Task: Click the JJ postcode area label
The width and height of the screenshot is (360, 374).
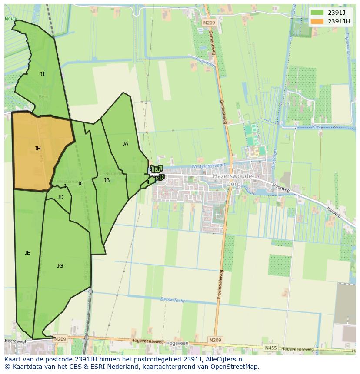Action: click(42, 74)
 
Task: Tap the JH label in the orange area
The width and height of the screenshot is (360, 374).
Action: click(38, 149)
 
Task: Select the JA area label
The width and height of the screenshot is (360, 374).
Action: click(125, 144)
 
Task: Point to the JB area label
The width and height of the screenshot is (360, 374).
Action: click(107, 180)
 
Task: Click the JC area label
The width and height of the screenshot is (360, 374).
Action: click(80, 184)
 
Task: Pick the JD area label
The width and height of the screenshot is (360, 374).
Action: click(60, 197)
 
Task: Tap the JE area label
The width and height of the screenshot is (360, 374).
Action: click(27, 253)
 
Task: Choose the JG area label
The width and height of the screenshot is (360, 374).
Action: click(60, 266)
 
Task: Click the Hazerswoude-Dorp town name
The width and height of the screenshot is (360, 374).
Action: click(233, 180)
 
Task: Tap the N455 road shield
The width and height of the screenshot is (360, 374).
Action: click(270, 348)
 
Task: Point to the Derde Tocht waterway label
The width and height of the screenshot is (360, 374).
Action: click(172, 300)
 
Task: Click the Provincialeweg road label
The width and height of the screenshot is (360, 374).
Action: click(220, 285)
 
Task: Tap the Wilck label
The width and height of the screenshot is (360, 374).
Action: click(11, 19)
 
